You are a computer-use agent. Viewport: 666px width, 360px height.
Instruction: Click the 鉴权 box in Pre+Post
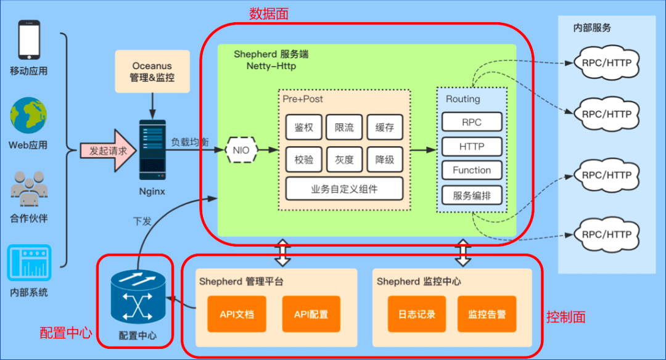[x=304, y=128]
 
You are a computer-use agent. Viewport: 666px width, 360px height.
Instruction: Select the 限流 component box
[x=344, y=128]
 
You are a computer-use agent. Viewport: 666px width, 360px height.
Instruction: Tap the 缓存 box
[x=384, y=128]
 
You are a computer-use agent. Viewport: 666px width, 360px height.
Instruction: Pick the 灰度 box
[x=344, y=160]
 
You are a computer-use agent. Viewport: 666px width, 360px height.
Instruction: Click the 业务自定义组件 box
[x=344, y=189]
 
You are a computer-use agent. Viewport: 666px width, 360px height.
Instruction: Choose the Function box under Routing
[x=472, y=170]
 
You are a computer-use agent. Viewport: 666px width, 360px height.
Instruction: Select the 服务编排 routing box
[x=472, y=195]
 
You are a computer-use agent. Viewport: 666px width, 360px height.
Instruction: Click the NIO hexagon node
[x=240, y=149]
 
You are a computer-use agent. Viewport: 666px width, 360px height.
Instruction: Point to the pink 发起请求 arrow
[x=109, y=150]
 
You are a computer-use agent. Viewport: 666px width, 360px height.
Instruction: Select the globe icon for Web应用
[x=28, y=115]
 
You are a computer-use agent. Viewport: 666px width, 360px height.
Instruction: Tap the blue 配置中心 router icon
[x=138, y=298]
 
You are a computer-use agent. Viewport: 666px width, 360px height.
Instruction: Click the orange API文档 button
[x=236, y=314]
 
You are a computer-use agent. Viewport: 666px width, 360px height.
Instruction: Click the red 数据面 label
[x=268, y=13]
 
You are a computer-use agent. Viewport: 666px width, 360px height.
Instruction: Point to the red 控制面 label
[x=565, y=317]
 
